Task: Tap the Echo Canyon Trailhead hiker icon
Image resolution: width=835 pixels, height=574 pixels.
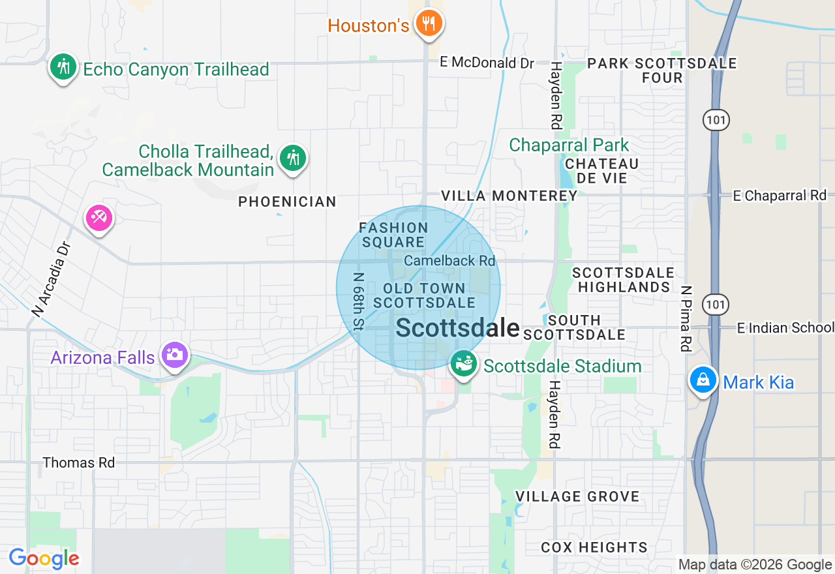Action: pos(63,67)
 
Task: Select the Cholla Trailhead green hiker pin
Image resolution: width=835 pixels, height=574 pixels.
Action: pos(293,159)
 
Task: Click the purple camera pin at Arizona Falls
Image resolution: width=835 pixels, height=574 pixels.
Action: pos(175,355)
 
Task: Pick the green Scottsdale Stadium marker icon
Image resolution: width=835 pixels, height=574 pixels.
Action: pos(464,364)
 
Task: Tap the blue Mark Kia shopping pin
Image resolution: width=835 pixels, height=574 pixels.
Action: pos(704,380)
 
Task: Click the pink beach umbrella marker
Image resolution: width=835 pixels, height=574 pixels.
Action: pos(99,219)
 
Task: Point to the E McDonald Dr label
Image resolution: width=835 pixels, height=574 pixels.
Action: pos(487,63)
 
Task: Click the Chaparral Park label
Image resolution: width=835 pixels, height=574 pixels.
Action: pos(569,145)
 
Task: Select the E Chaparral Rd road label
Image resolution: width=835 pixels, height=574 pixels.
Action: pos(780,196)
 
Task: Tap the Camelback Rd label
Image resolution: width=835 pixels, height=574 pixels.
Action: pos(449,260)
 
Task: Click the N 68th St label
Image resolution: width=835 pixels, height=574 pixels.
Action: pos(358,301)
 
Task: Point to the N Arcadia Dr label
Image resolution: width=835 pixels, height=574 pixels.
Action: pos(50,279)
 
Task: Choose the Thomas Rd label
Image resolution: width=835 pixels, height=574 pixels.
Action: pos(78,462)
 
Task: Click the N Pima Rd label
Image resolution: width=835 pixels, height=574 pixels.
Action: pos(685,318)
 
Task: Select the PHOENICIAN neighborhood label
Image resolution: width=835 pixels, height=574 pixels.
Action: pos(287,202)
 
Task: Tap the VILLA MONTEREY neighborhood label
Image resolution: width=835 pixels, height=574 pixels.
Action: pos(509,196)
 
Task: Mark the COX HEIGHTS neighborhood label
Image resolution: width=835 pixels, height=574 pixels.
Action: pos(594,547)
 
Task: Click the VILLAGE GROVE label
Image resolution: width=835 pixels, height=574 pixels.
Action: pos(577,496)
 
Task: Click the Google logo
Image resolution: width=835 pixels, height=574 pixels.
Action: pos(44,558)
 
